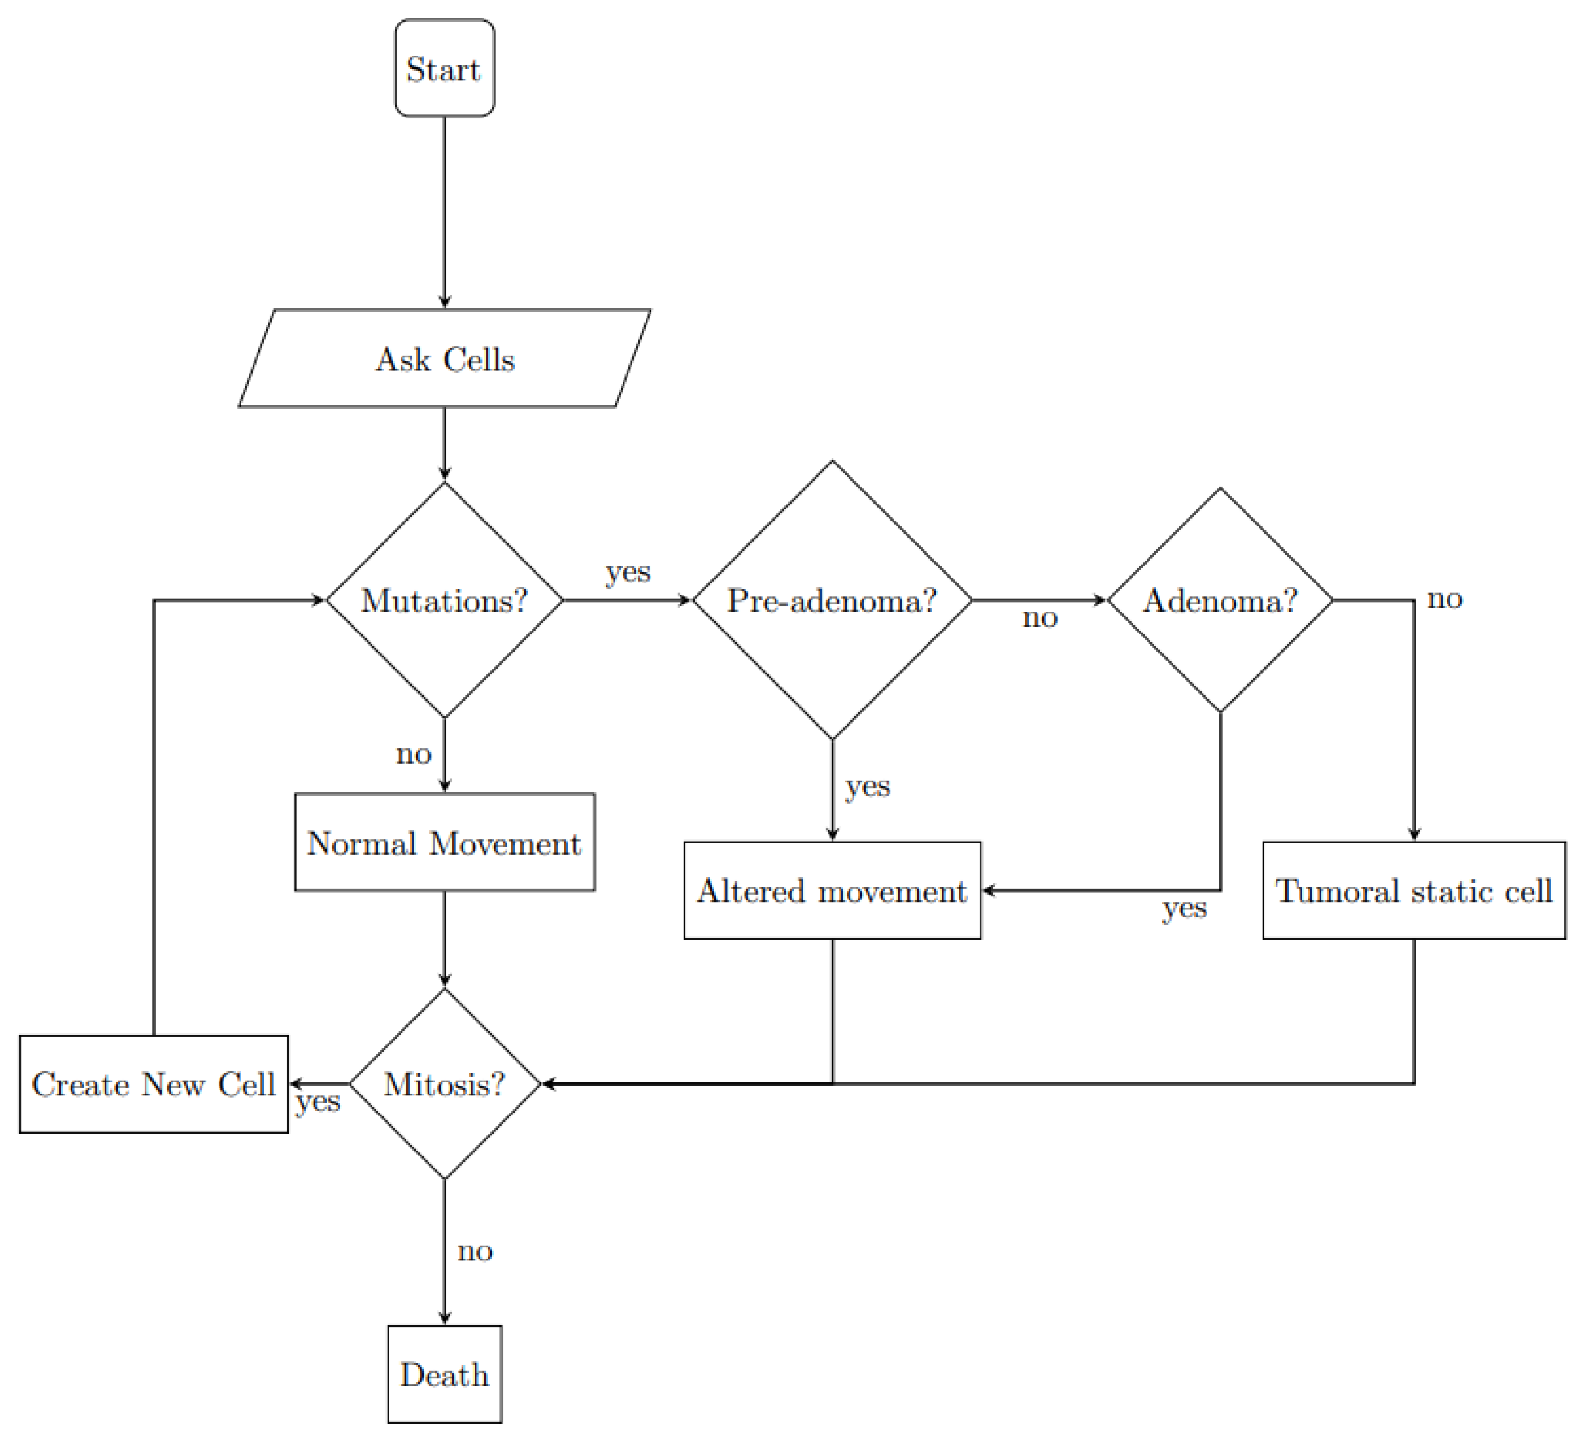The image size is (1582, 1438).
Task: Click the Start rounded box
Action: click(x=444, y=68)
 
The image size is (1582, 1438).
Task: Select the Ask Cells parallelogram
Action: click(x=444, y=359)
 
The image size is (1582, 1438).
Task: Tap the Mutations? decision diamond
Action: click(x=444, y=600)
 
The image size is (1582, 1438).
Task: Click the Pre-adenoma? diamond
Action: click(x=832, y=600)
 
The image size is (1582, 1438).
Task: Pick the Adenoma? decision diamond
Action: click(x=1219, y=600)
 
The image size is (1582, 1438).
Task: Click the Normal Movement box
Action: click(x=444, y=843)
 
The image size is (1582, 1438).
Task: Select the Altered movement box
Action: click(x=832, y=891)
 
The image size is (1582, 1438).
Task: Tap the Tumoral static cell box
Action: click(x=1414, y=891)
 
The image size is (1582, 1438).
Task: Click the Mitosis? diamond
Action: click(x=444, y=1084)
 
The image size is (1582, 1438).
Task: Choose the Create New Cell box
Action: click(x=154, y=1084)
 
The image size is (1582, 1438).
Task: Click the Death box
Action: click(x=444, y=1374)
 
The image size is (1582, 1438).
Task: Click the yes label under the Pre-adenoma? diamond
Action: click(x=867, y=786)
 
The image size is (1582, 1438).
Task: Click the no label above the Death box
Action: click(x=475, y=1251)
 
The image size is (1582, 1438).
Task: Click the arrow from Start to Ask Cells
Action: click(x=444, y=212)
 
